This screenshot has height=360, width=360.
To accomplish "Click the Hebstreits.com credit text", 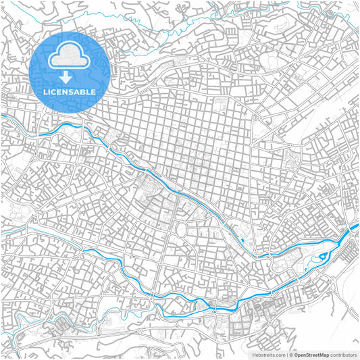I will [269, 354].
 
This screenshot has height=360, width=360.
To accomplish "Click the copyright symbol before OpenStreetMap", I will [291, 354].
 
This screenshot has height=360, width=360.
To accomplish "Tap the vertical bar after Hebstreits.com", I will [286, 354].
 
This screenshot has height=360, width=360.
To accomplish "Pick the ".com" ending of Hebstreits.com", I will [279, 354].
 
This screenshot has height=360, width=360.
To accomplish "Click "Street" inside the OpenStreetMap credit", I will [313, 354].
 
